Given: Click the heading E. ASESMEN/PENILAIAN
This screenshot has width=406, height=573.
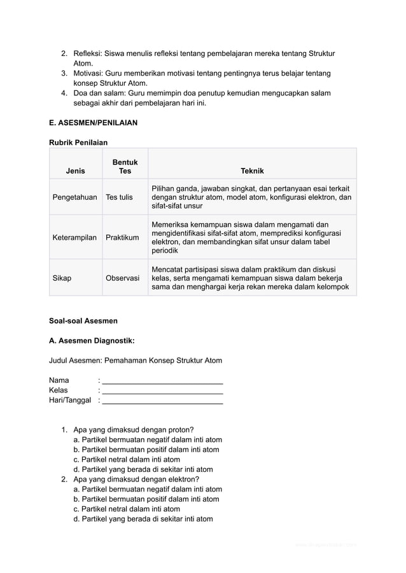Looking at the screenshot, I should point(93,122).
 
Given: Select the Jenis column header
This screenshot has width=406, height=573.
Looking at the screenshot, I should point(75,171).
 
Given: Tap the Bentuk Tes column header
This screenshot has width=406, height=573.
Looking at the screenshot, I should point(125,167).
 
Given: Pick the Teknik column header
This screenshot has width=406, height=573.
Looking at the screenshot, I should point(252,171).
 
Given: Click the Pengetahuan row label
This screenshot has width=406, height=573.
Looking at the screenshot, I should point(74,198).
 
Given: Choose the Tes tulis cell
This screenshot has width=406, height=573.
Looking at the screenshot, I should point(119,198).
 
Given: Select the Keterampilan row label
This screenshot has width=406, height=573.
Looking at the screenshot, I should point(74,237).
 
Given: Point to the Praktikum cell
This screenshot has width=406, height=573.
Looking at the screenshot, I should point(122,237).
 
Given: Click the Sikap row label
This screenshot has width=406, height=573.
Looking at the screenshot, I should point(62,278).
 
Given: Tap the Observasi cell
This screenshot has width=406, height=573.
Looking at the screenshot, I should point(122,278).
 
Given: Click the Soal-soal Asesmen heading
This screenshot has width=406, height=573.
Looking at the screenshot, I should point(83,321).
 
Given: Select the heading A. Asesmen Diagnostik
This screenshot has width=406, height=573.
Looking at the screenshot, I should point(92,340).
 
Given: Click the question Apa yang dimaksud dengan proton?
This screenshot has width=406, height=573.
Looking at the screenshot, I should point(134,430).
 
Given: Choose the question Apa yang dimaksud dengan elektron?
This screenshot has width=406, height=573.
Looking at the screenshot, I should point(136,480).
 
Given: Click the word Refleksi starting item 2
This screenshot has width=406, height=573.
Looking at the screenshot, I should point(88,53).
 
